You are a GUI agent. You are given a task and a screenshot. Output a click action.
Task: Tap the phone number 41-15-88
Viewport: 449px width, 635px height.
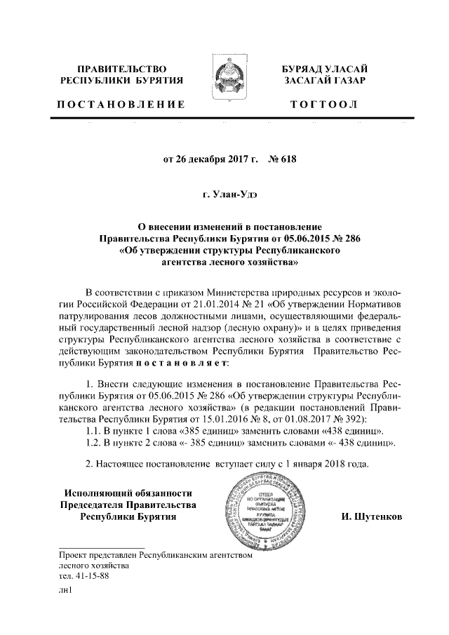[91, 576]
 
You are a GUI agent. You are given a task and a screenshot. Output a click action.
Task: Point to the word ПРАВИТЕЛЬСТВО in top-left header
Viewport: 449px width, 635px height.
[121, 69]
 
